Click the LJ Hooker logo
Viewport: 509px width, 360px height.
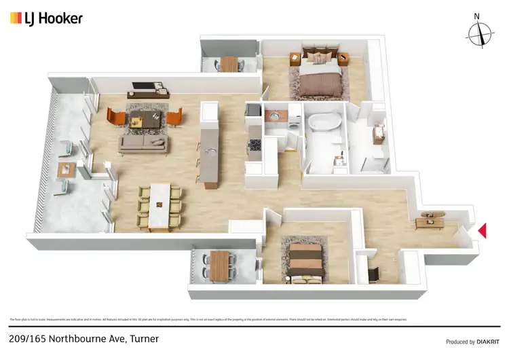46,18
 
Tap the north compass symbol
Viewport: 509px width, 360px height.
480,31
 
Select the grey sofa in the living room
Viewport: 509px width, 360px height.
143,143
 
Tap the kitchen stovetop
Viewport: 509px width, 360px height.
257,144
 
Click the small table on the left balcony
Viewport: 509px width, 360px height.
66,168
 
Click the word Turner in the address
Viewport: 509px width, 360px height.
144,338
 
